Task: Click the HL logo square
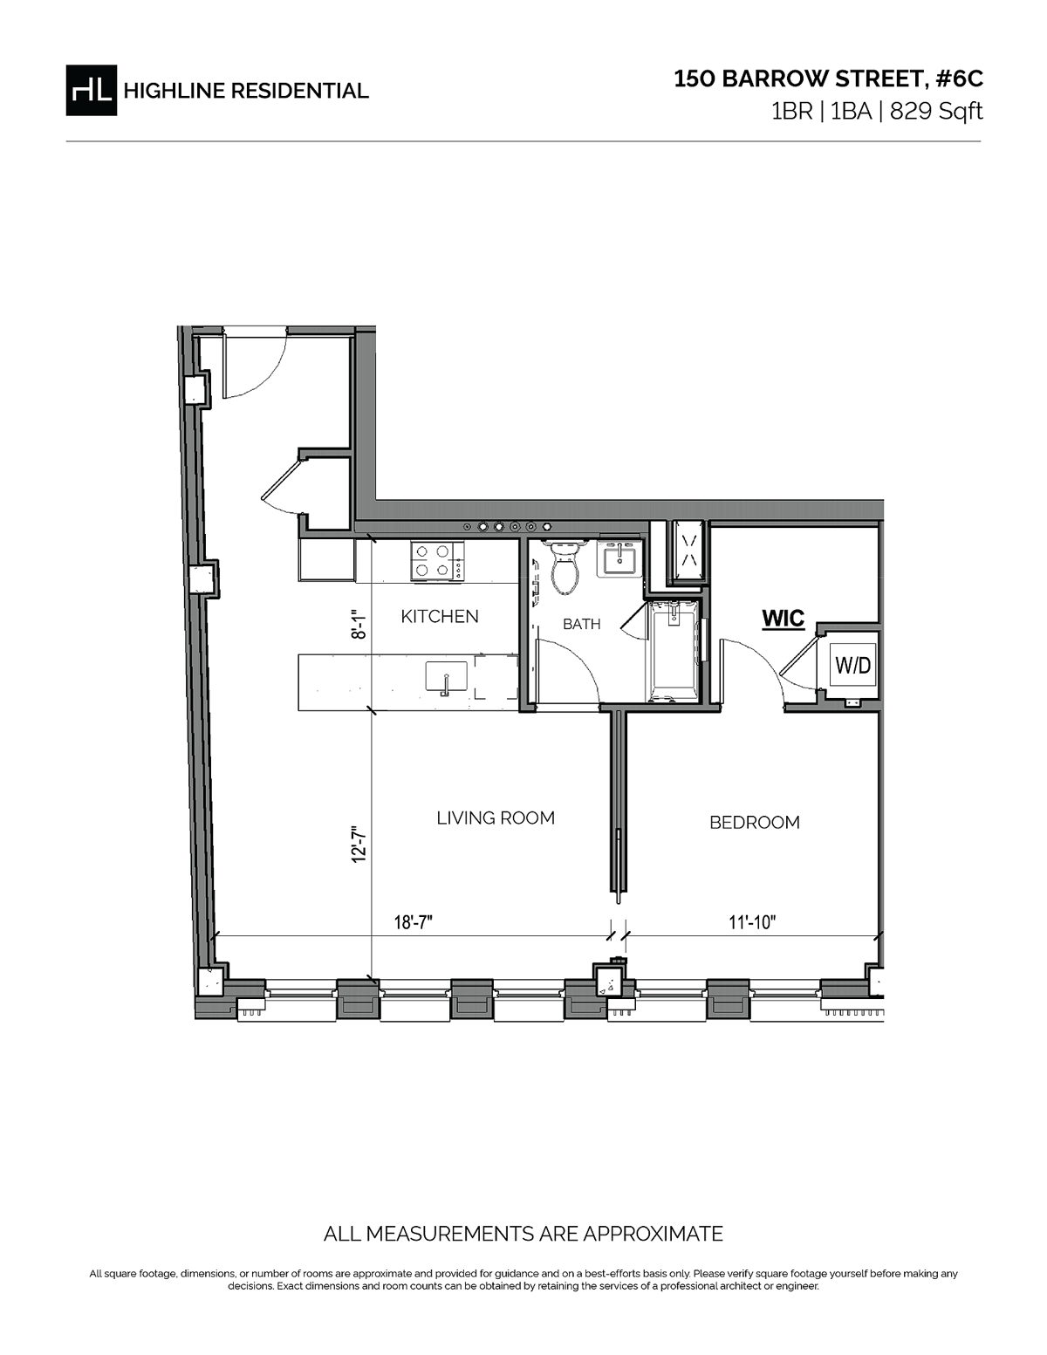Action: [x=91, y=90]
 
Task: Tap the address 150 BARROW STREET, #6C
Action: [x=828, y=79]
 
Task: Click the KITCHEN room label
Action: [x=439, y=616]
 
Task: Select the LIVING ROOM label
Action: [x=495, y=818]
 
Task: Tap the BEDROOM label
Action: [x=754, y=822]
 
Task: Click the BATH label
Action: [x=581, y=624]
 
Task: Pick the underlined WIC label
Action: [x=783, y=619]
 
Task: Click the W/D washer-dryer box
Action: [x=852, y=666]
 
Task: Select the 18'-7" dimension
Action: [x=414, y=922]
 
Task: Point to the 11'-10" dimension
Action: [x=752, y=922]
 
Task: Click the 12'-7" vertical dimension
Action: [x=359, y=844]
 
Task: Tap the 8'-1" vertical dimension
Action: [x=359, y=626]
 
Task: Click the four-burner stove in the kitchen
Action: [x=437, y=561]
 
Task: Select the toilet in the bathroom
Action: [x=565, y=569]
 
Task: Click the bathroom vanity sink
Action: [x=619, y=558]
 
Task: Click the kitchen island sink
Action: [x=446, y=677]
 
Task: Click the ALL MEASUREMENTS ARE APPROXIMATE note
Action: [x=523, y=1234]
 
